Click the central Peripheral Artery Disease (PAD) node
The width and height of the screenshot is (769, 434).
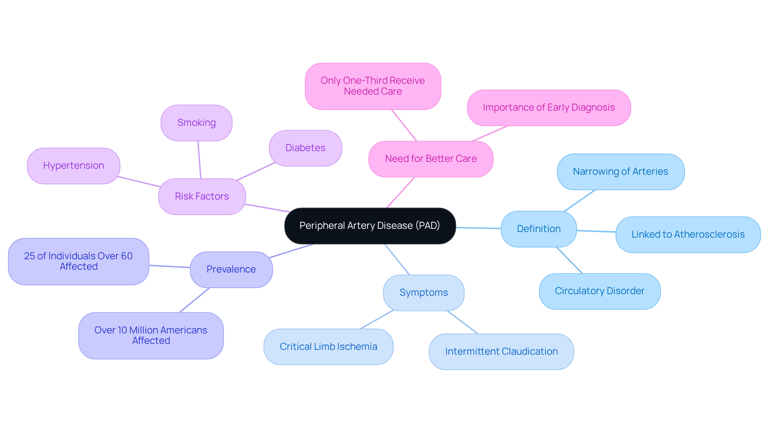click(370, 226)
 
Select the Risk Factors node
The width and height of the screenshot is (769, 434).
click(202, 196)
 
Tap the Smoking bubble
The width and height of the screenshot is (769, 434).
click(196, 123)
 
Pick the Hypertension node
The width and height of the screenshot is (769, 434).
click(74, 166)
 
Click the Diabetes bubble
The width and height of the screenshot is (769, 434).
click(305, 148)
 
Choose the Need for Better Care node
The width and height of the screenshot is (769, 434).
click(431, 159)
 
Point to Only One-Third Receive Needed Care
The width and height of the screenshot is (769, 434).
click(372, 86)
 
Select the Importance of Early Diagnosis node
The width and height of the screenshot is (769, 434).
click(549, 107)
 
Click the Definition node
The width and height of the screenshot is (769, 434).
click(538, 229)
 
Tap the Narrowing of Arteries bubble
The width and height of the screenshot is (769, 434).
click(620, 172)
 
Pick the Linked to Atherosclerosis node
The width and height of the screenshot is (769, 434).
click(688, 234)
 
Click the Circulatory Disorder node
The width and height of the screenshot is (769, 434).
click(599, 291)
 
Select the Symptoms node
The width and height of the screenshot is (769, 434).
click(423, 293)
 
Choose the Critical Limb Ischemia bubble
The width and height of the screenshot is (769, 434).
click(328, 347)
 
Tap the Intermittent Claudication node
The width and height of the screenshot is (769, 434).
click(501, 351)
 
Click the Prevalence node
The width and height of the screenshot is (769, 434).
click(231, 269)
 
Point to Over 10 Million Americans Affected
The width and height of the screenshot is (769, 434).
click(151, 335)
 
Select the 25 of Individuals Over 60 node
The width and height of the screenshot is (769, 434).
click(79, 261)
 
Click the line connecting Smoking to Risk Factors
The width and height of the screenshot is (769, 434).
click(199, 159)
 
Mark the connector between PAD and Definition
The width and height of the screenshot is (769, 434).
click(478, 228)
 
